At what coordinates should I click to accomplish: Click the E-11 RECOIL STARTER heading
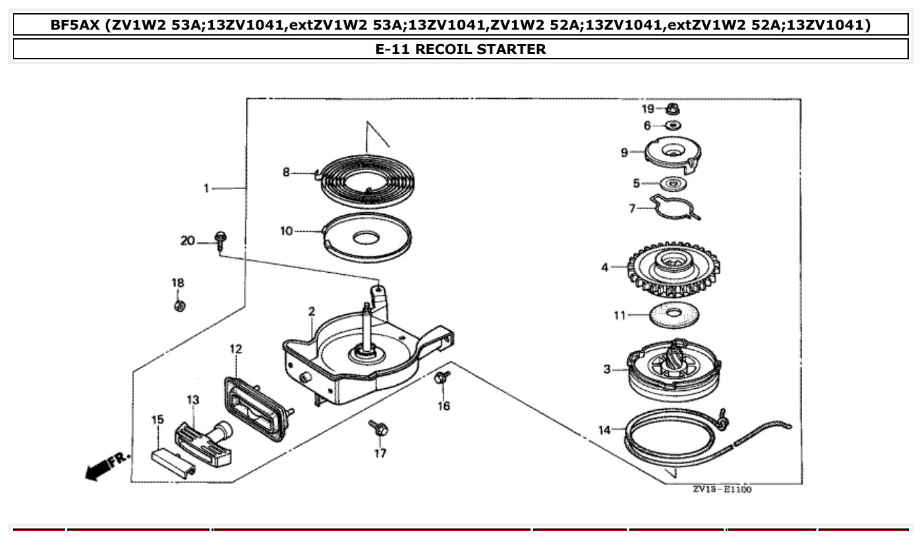click(461, 49)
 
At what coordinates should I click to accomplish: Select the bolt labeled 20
click(219, 239)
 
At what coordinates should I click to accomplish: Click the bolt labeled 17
click(379, 428)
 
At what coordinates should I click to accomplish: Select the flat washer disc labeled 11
click(674, 316)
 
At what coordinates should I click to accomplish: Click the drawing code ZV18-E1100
click(722, 490)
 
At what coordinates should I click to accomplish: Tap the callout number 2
click(311, 311)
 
